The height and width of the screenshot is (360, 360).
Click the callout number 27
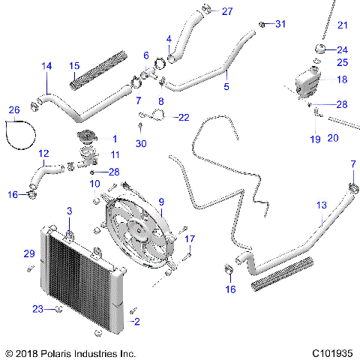(x=227, y=10)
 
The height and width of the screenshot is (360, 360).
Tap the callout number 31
(x=280, y=25)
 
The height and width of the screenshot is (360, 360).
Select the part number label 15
(x=74, y=66)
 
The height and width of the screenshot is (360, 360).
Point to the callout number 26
(x=12, y=111)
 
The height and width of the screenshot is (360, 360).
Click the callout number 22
(x=184, y=117)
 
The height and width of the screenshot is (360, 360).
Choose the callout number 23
(x=38, y=308)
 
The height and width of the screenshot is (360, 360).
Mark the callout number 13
(x=322, y=205)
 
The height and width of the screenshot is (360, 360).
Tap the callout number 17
(x=190, y=238)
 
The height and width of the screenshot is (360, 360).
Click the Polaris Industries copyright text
(x=70, y=352)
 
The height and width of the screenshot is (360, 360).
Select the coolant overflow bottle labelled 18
(x=306, y=82)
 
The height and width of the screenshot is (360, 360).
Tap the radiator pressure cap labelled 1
(x=87, y=139)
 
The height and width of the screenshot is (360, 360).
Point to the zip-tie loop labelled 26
(x=20, y=134)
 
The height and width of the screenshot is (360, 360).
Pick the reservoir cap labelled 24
(x=319, y=49)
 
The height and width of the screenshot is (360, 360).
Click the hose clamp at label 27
(x=207, y=10)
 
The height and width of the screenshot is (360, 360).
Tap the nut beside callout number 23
(x=57, y=309)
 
